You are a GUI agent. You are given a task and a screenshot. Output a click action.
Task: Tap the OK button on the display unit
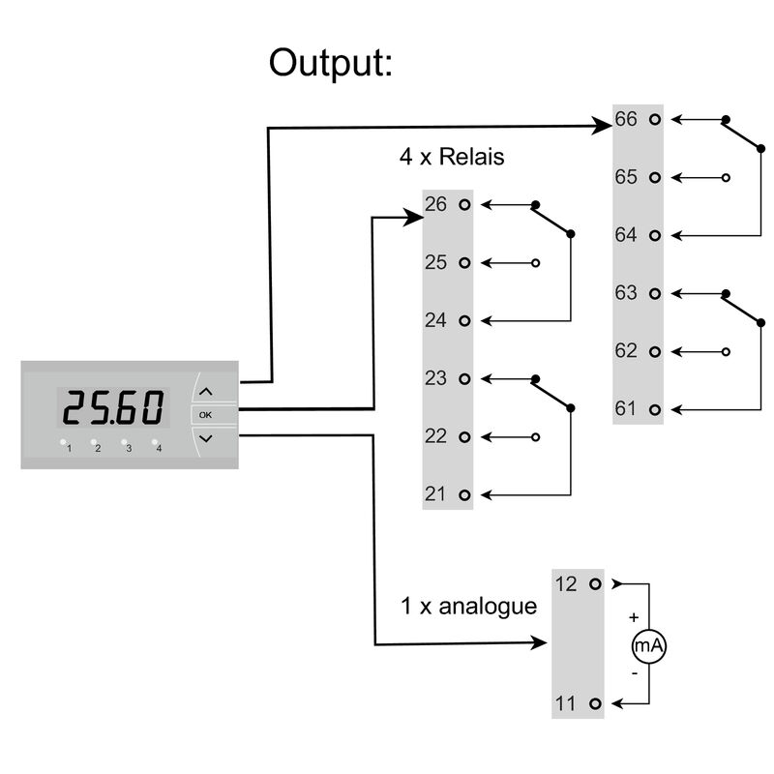coord(204,415)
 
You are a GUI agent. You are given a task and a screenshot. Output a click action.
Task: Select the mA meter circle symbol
coord(649,644)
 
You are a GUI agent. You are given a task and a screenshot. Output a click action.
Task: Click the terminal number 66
coord(626,120)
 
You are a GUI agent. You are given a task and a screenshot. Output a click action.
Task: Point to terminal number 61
coord(626,408)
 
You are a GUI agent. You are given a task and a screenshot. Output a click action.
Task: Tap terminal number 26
coord(435,205)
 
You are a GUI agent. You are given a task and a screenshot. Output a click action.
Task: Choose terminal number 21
coord(435,494)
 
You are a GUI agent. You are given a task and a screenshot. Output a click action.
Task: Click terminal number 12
coord(566,584)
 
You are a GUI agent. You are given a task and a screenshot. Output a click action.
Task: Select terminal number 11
coord(566,702)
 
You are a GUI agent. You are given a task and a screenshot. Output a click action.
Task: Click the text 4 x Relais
coord(452,157)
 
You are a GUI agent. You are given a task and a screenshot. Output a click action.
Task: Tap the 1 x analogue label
coord(468,607)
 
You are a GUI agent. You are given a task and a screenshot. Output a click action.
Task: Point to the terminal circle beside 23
coord(464,378)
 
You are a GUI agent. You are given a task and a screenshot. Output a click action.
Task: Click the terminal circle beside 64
coord(656,235)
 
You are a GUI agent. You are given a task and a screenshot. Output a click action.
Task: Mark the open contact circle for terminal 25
coord(535,263)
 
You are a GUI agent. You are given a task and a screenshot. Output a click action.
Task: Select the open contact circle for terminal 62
coord(726,351)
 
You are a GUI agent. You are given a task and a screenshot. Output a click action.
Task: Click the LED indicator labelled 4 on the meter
coord(155,443)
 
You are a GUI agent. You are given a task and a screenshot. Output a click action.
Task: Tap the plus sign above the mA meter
coord(634,616)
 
